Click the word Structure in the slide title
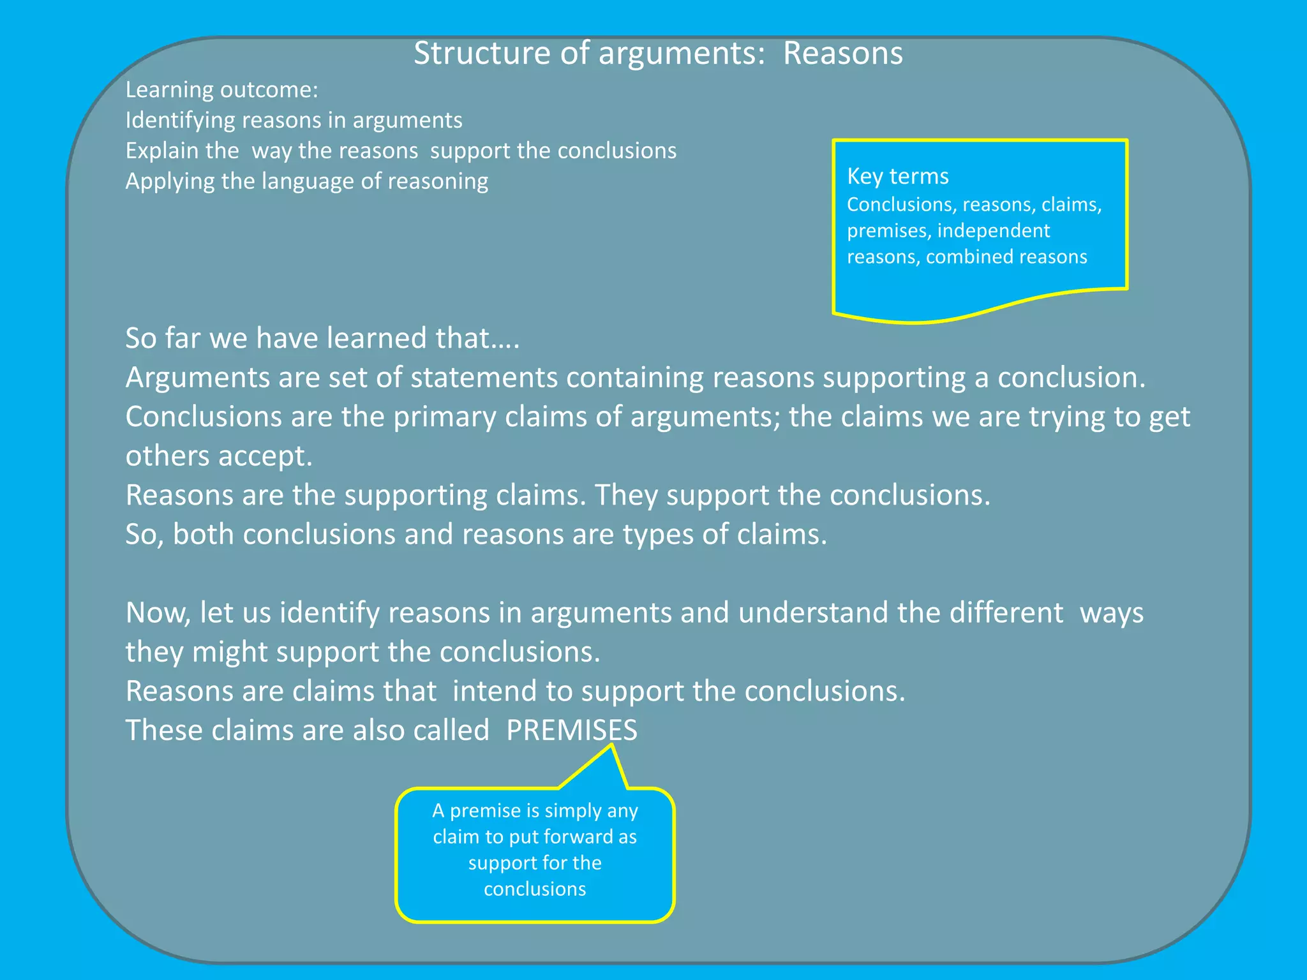[x=482, y=54]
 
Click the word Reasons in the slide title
[x=842, y=54]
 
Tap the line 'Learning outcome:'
[x=221, y=90]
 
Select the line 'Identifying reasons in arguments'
[x=294, y=121]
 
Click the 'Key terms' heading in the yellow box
[x=897, y=176]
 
